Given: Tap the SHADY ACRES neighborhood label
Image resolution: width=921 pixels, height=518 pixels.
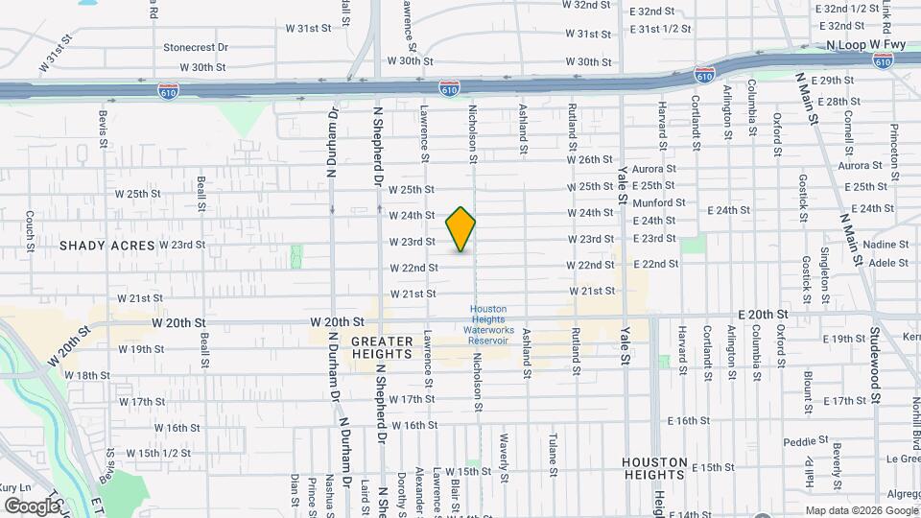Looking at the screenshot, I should point(106,246).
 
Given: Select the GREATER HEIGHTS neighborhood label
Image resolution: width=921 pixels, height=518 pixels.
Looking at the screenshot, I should point(381,346).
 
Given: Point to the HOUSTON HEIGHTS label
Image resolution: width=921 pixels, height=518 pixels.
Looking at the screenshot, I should point(655,468).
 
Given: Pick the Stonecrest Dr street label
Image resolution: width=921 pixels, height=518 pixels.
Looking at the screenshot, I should point(196,46).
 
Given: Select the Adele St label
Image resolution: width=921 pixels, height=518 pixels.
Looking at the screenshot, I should point(888,262).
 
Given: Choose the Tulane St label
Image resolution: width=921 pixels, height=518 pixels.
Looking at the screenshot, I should point(553,454).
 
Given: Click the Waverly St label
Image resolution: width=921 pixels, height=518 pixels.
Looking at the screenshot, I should point(503,451).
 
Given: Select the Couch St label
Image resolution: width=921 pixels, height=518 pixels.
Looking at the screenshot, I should point(31,226).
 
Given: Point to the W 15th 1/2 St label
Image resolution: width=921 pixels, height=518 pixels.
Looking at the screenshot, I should point(149,452).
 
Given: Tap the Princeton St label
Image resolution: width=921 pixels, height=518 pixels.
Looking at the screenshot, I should point(894,144).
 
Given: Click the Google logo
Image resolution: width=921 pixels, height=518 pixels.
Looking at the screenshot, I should point(31,506).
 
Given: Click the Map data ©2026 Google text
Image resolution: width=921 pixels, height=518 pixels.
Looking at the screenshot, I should point(860,510).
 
